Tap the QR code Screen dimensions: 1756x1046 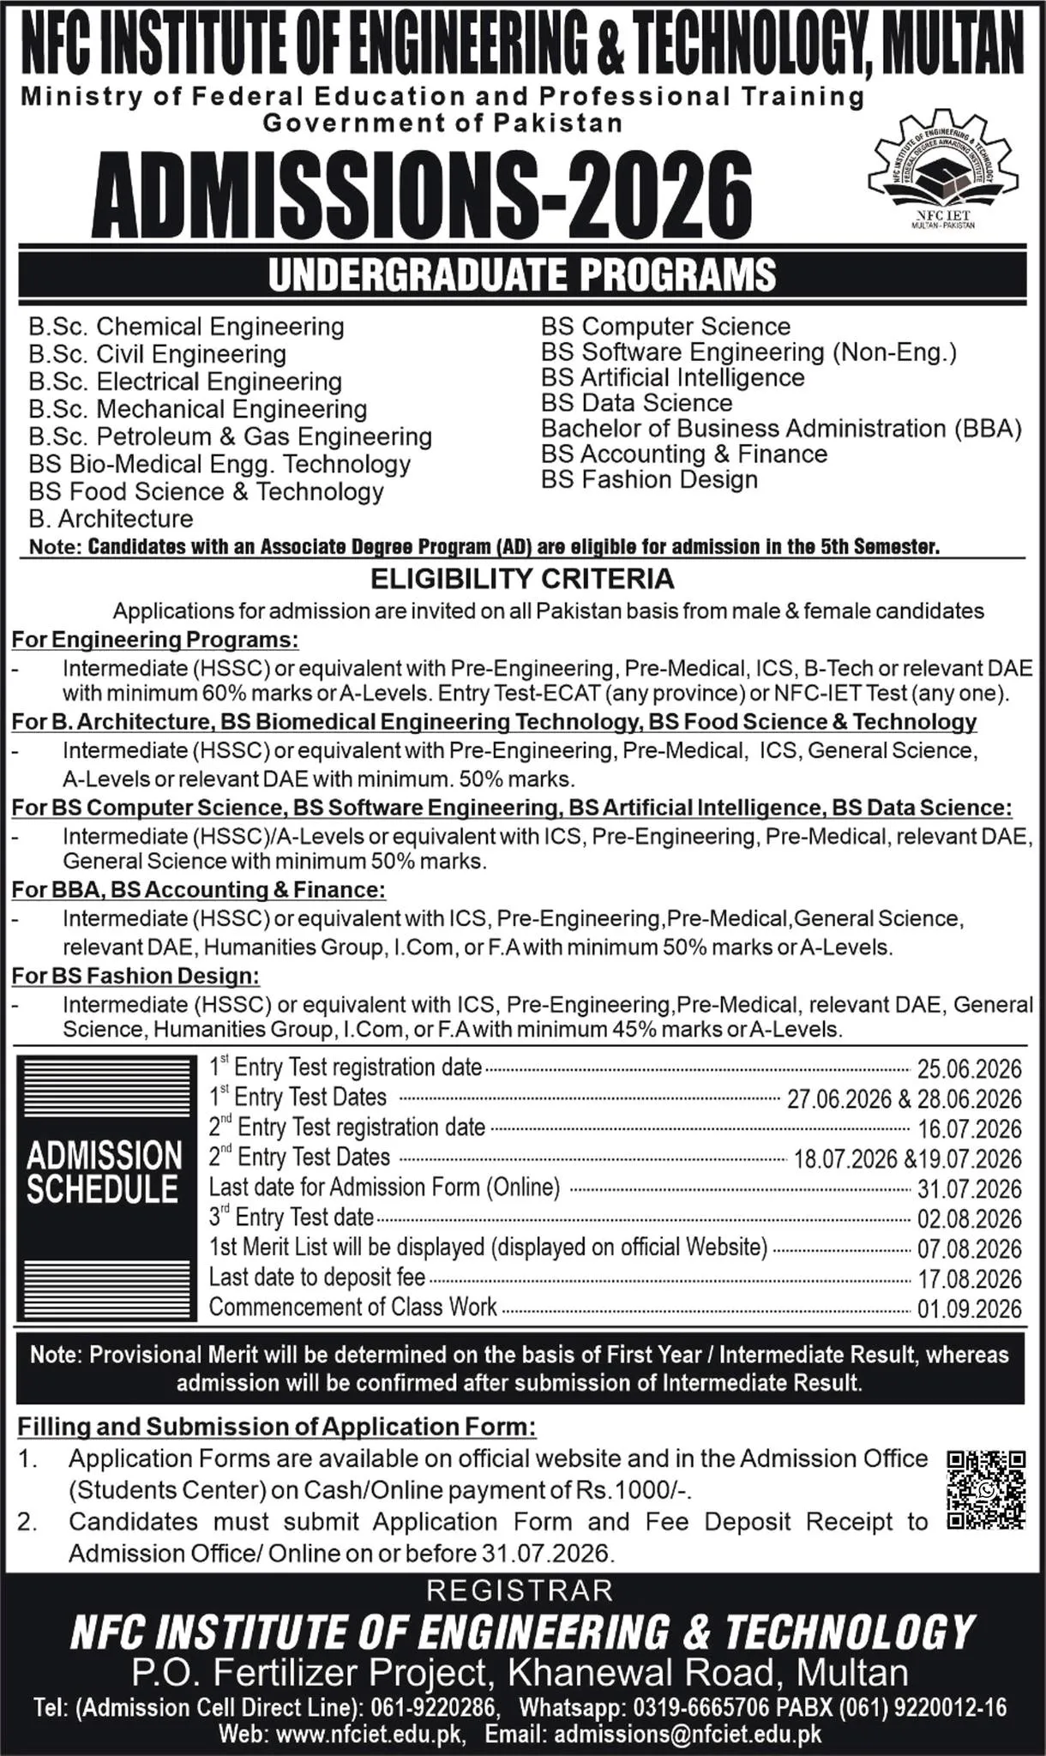986,1489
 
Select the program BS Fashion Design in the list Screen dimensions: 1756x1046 649,479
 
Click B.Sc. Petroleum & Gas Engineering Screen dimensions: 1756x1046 230,436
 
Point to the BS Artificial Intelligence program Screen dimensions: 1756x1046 672,377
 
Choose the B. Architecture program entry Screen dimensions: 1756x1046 111,519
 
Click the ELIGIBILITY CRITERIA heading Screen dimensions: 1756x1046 522,580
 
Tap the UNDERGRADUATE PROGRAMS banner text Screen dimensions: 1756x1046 522,275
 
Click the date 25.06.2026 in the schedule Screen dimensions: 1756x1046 969,1069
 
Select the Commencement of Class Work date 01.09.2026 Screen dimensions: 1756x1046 969,1308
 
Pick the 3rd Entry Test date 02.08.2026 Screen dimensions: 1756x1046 969,1218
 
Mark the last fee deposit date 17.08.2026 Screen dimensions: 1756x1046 969,1278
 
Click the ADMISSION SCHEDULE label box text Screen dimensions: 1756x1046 104,1172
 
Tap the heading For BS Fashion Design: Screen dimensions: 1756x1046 135,976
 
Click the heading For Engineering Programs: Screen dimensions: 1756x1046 155,640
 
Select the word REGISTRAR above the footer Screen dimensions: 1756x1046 520,1591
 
